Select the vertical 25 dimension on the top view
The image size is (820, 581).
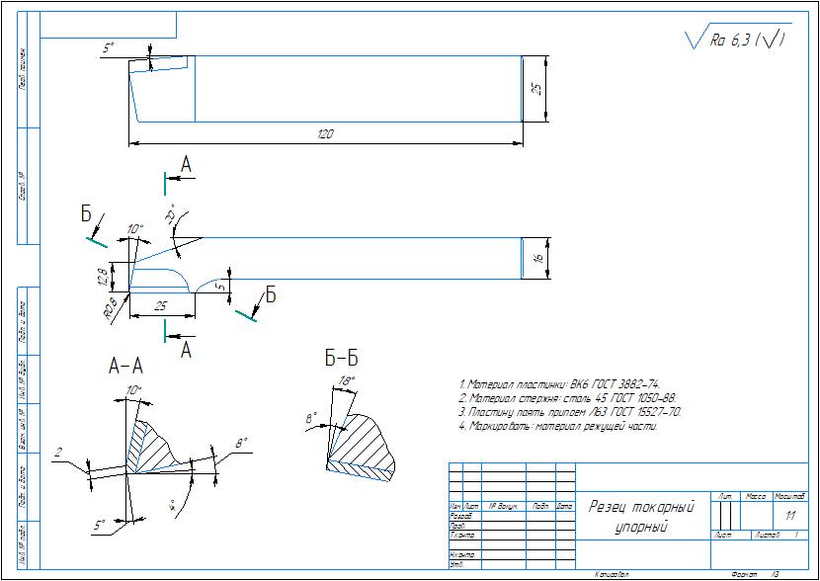pos(536,88)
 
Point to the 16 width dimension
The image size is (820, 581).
pos(537,258)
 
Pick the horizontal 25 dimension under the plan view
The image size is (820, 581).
pos(160,307)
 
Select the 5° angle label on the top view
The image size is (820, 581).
pos(109,47)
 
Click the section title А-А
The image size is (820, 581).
pos(126,367)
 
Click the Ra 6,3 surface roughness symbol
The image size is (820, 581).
pos(736,41)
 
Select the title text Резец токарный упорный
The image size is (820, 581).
pos(641,516)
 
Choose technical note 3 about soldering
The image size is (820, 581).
pos(570,412)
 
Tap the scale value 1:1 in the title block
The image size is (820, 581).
pos(789,516)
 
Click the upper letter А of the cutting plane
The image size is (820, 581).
pos(186,165)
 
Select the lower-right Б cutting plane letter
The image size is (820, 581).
pos(270,295)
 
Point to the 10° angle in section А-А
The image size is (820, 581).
pos(135,390)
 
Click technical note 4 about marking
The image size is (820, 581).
pos(558,427)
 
